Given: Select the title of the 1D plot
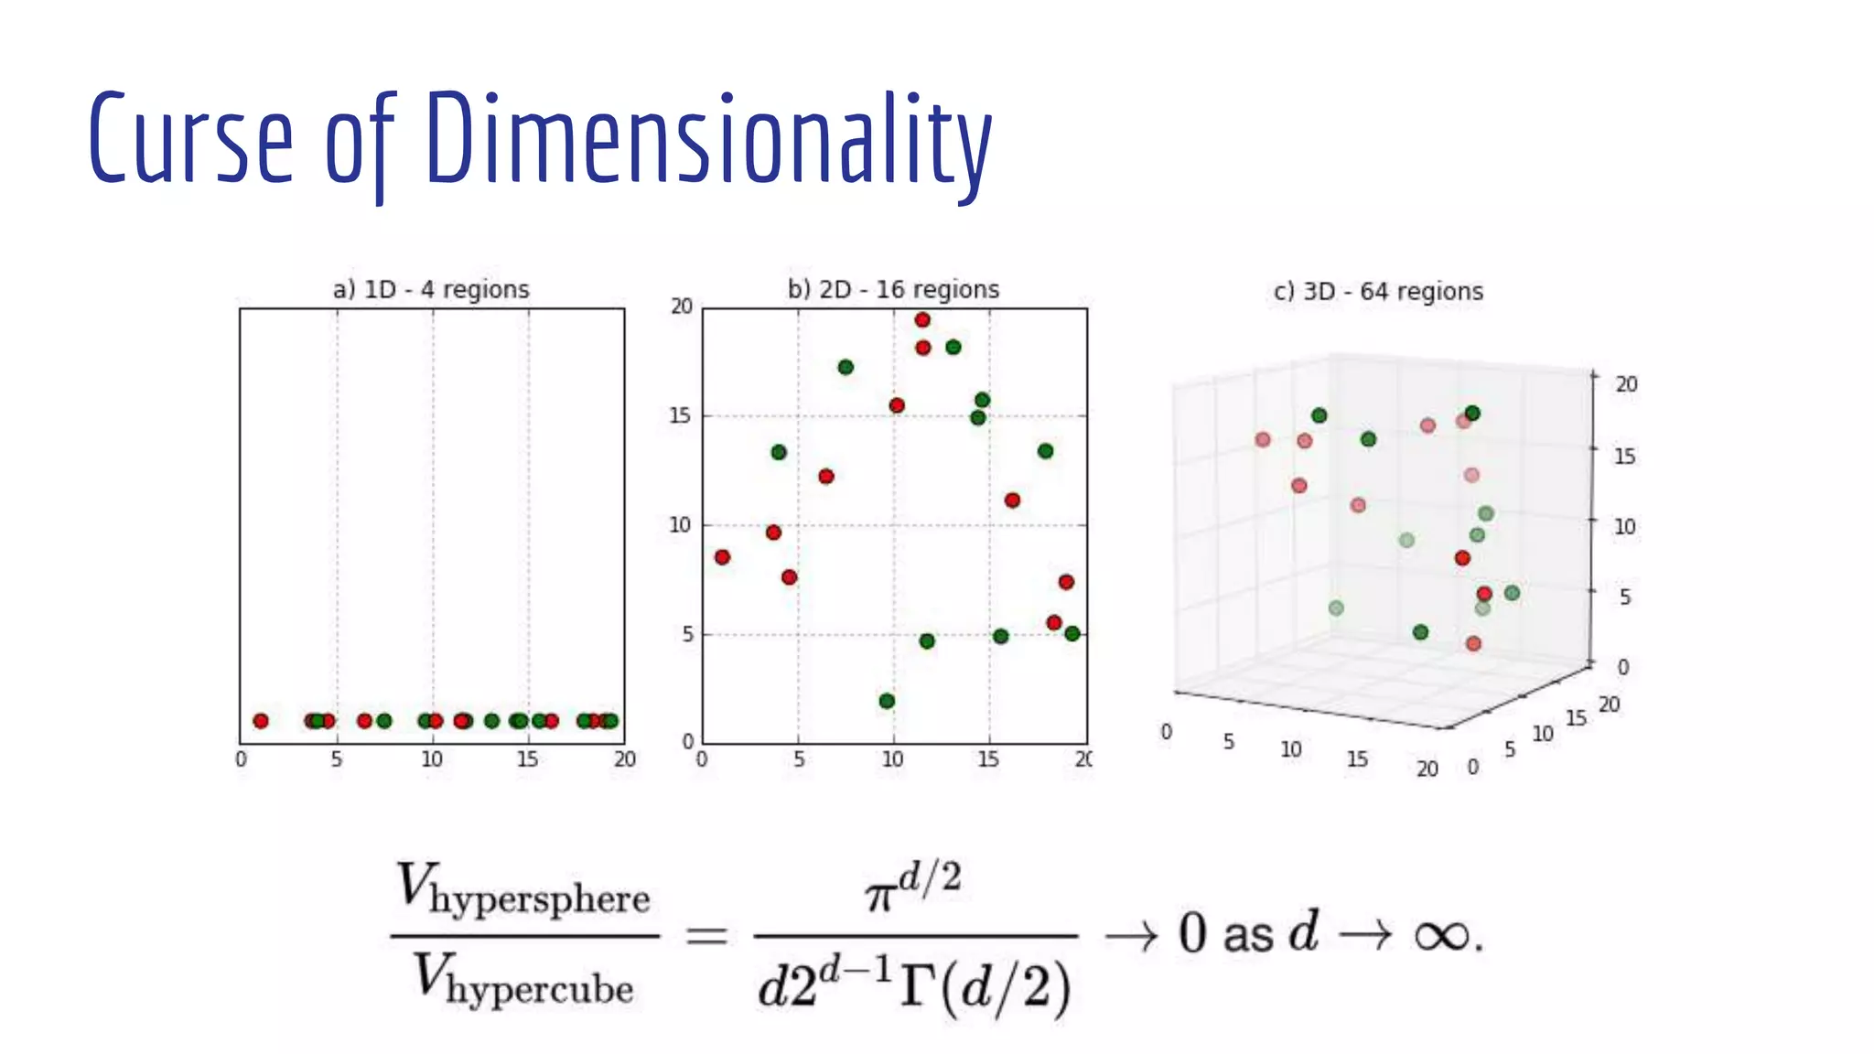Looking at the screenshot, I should pos(431,290).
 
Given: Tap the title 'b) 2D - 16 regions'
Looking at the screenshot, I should pos(893,290).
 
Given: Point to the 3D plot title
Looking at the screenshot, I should pos(1378,292).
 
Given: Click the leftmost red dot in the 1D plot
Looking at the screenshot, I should pos(261,721).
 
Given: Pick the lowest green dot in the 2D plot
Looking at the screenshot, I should pos(887,701).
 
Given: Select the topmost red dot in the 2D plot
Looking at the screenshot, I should pos(922,320).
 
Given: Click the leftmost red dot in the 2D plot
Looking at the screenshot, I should pos(722,557).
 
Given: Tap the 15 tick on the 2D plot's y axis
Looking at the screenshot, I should pos(680,416).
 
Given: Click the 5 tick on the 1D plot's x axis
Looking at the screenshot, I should pos(337,759).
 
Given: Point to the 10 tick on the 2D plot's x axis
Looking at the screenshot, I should pos(892,759).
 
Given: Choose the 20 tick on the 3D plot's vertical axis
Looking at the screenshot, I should pos(1626,384).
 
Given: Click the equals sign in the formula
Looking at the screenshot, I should pos(706,936).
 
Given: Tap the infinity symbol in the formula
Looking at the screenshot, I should pos(1442,936).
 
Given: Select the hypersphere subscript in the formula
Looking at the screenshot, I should pos(540,899).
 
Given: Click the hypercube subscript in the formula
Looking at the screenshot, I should pos(540,990).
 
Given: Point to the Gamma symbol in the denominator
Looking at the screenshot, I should pos(918,986).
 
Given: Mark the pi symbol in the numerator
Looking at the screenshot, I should pos(879,895).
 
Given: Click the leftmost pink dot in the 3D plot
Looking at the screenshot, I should pos(1263,440).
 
